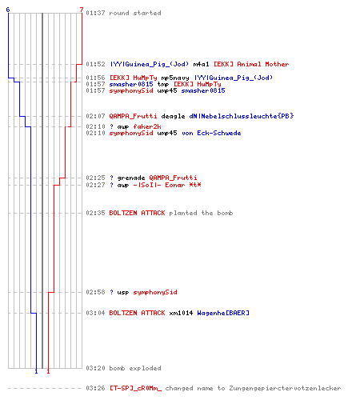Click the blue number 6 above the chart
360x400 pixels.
point(8,10)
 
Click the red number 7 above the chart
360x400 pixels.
point(82,10)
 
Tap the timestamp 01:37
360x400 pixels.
point(95,13)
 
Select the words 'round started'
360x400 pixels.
point(135,13)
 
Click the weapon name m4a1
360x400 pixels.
point(201,64)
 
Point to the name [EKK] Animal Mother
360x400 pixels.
point(251,64)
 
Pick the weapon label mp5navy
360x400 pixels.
point(175,78)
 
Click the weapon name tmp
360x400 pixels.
point(163,84)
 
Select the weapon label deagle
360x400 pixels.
point(173,116)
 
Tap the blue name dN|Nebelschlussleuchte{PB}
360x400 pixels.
point(242,116)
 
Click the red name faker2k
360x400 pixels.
point(147,126)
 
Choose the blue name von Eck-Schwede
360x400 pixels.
point(211,133)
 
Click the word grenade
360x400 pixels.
point(131,178)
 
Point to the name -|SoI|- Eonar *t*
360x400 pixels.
point(167,185)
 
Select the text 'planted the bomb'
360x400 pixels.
point(201,213)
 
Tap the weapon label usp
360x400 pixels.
point(123,292)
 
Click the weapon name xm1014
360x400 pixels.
point(181,313)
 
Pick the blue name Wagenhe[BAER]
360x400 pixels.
point(223,313)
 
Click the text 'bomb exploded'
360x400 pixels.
point(135,368)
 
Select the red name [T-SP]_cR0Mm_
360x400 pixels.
point(135,388)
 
